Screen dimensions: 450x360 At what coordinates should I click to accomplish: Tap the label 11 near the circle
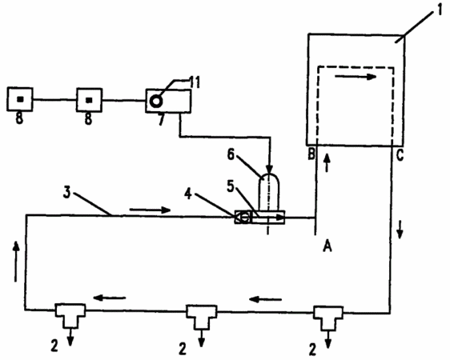point(194,82)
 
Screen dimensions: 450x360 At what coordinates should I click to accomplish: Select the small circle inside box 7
point(156,101)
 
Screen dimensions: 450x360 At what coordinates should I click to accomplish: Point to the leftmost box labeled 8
point(20,99)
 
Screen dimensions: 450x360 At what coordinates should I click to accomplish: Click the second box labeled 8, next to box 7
point(89,100)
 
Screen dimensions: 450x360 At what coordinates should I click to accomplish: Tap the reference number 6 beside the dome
point(231,154)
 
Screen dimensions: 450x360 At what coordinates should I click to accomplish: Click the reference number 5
point(231,186)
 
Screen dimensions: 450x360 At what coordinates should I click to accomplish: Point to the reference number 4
point(188,194)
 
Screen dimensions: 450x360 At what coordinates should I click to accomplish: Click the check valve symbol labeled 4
point(243,218)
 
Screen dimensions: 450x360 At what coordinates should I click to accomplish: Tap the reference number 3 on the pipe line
point(67,193)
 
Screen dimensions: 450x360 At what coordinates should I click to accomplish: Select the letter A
point(327,246)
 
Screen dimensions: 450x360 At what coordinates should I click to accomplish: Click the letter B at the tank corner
point(311,154)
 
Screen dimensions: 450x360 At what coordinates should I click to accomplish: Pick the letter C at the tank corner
point(400,155)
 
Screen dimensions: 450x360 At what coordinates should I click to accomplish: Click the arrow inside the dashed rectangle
point(356,77)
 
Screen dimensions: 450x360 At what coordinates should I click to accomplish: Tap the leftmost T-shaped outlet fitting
point(70,315)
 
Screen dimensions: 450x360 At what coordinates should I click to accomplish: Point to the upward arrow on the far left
point(16,262)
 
